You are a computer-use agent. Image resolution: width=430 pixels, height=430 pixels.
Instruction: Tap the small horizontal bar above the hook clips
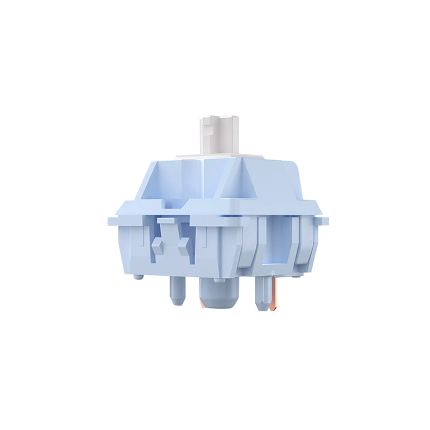click(166, 220)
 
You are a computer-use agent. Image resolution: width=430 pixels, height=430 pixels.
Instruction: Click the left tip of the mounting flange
click(111, 220)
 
